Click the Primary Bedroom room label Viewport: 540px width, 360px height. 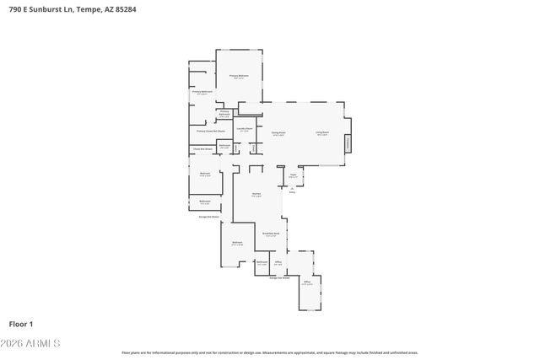(x=240, y=77)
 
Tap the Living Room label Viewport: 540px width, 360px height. (x=322, y=133)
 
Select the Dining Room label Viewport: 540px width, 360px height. (x=278, y=133)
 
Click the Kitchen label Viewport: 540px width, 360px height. (x=256, y=194)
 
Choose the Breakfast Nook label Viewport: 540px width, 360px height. (x=270, y=234)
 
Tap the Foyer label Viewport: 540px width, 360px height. (x=293, y=175)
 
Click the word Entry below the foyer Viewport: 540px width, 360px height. (x=292, y=191)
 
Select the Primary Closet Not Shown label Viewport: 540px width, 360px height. (x=211, y=132)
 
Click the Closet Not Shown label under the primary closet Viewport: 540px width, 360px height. (x=201, y=149)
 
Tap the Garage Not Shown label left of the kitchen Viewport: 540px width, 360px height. (x=208, y=217)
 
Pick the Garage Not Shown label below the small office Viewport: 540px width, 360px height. (x=279, y=277)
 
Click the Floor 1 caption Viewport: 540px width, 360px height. (x=21, y=324)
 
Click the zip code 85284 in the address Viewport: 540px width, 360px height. (x=123, y=9)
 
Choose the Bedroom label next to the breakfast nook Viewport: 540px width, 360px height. (x=237, y=243)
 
